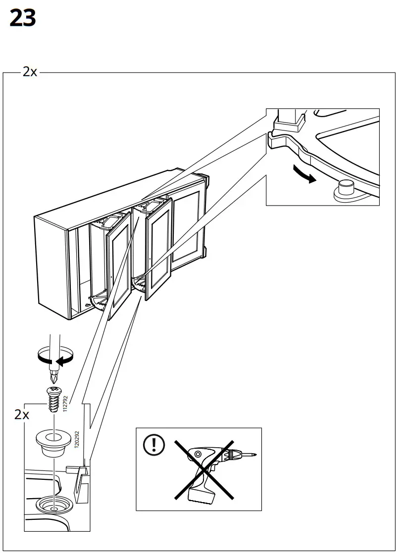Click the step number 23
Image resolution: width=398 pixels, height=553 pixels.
pyautogui.click(x=22, y=19)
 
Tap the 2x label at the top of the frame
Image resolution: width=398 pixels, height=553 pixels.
pyautogui.click(x=29, y=72)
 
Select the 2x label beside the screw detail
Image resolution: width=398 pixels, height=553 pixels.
pyautogui.click(x=22, y=414)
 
